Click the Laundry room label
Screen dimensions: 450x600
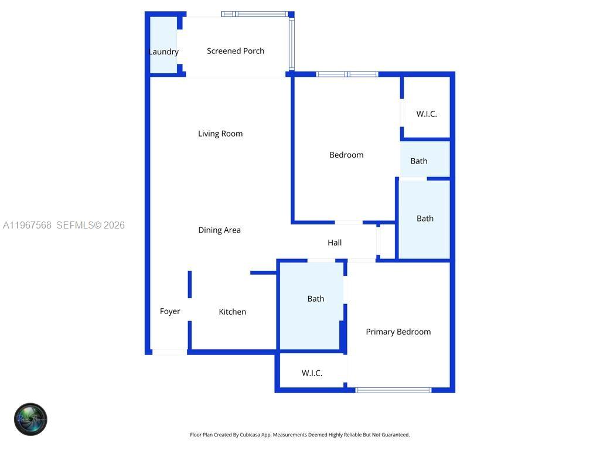point(163,52)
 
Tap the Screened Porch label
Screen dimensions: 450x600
point(236,51)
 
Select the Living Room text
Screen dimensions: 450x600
point(220,134)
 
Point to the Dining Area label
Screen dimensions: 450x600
point(219,230)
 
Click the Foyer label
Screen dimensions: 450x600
point(170,311)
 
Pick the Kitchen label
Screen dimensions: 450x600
point(232,312)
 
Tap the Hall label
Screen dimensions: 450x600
point(335,243)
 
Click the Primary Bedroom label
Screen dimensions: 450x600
point(398,332)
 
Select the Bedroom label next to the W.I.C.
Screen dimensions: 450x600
point(346,155)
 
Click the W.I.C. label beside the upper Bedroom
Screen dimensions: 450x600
point(427,114)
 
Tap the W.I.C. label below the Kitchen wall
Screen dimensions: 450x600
point(312,373)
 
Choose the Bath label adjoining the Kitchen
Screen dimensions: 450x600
point(316,299)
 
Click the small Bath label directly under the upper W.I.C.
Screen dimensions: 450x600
point(419,161)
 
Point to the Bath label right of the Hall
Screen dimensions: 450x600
point(425,219)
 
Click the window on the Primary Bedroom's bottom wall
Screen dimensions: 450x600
point(393,390)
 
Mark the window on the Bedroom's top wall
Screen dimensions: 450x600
point(347,74)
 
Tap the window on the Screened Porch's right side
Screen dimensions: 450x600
point(291,45)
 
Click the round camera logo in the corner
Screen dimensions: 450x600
point(30,419)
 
